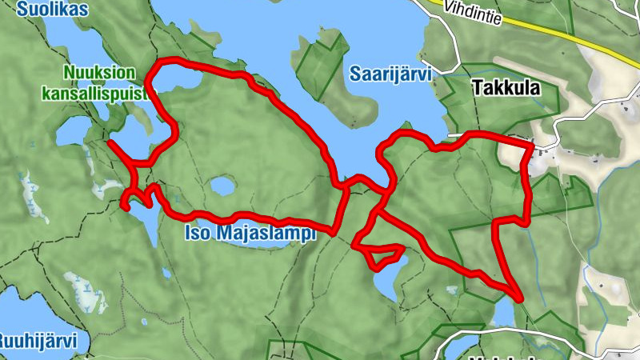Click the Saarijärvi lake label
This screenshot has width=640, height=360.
(390, 74)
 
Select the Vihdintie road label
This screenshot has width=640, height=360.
(474, 13)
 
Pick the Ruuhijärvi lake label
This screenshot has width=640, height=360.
(38, 342)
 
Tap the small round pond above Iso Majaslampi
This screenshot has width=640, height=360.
(222, 187)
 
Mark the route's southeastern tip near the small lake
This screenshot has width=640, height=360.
(519, 298)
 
